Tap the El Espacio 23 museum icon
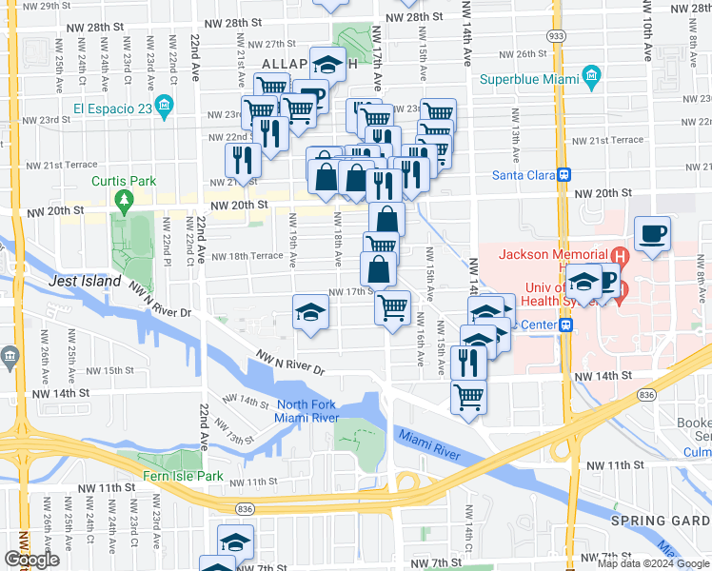(166, 106)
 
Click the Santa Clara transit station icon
(564, 174)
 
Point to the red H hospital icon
(621, 255)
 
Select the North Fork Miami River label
(307, 410)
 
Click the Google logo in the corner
(32, 560)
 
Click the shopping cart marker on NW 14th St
(467, 396)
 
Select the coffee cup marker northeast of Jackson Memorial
(652, 234)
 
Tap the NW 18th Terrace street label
(247, 256)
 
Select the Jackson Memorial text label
(552, 254)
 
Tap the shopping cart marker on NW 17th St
(392, 307)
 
